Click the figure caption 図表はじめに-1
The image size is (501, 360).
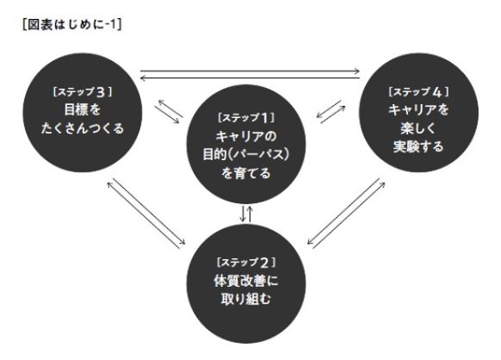72,25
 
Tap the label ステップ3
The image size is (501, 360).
83,92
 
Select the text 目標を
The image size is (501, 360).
83,109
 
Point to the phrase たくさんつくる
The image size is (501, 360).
83,128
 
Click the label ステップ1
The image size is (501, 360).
246,118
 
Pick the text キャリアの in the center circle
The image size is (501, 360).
246,137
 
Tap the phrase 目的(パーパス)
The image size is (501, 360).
246,155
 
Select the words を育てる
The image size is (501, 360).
246,173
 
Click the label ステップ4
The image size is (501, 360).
419,92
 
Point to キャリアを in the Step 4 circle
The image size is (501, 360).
419,110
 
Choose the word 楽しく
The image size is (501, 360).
418,128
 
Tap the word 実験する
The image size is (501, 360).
418,146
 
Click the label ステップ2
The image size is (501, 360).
246,263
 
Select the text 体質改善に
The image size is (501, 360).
246,281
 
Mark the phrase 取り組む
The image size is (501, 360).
246,299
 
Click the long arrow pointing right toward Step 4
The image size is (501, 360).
251,71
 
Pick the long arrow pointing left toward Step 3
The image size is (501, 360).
251,78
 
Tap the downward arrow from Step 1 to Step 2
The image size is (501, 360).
243,214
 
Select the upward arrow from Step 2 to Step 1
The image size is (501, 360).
250,214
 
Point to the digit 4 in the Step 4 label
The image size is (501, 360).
437,92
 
